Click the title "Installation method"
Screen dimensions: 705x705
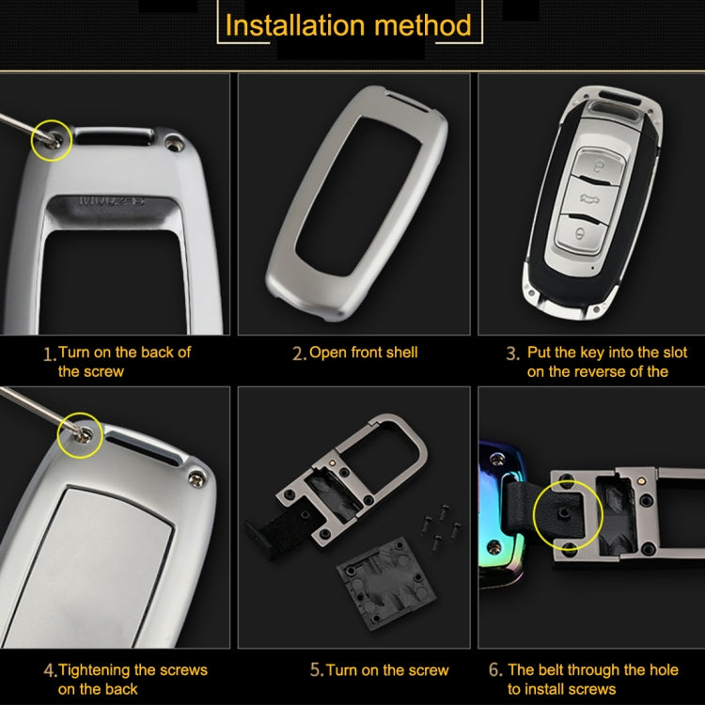348,24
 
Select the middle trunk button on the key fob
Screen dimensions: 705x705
589,197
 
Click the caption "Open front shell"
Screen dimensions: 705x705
363,352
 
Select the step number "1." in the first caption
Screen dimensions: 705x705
50,354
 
